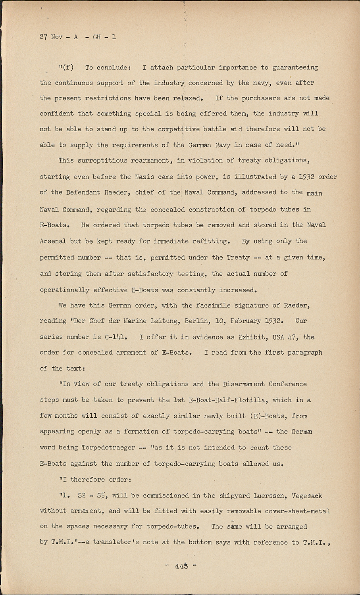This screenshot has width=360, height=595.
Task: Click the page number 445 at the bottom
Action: point(181,566)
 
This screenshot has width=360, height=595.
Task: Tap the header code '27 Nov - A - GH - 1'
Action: point(78,37)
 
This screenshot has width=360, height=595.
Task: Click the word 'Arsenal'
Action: point(53,241)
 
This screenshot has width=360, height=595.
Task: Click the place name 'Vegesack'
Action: point(307,496)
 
